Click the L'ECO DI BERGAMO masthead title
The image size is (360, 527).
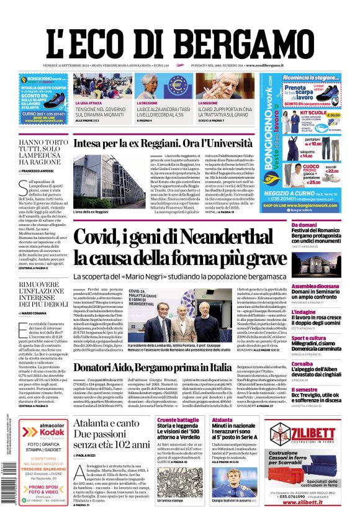tap(179, 35)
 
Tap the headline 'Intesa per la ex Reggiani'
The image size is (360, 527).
tap(155, 143)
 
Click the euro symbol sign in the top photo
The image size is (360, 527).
tap(177, 85)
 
